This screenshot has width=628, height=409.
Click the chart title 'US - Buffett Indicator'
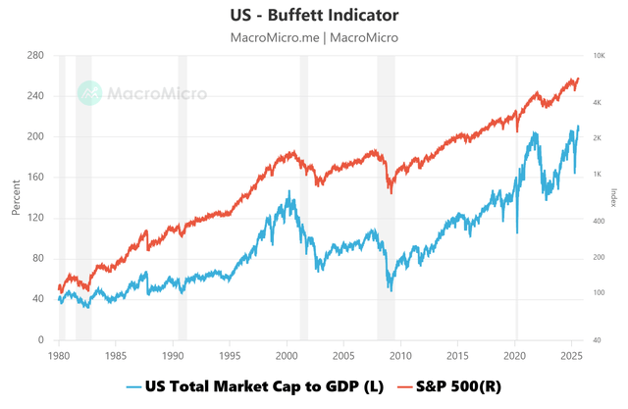pyautogui.click(x=314, y=16)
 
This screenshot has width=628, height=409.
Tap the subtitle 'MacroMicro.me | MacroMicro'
pyautogui.click(x=314, y=37)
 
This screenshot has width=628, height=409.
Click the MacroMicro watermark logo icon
pyautogui.click(x=90, y=93)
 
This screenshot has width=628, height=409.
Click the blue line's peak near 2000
pyautogui.click(x=288, y=191)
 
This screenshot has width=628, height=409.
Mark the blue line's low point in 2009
pyautogui.click(x=391, y=289)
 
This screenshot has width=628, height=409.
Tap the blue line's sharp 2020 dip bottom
pyautogui.click(x=517, y=232)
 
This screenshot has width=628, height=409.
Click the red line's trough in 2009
pyautogui.click(x=391, y=192)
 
